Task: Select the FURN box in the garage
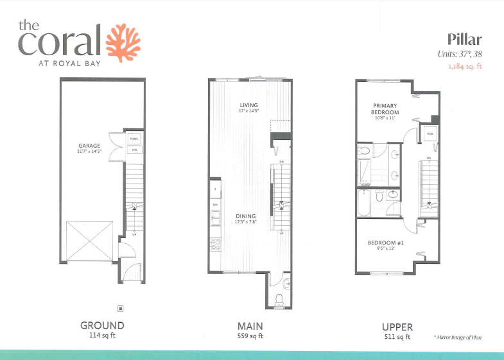(x=135, y=139)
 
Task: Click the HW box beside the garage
(x=135, y=150)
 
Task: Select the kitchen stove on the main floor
(x=214, y=244)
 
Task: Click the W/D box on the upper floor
(x=428, y=133)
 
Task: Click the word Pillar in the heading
(x=465, y=40)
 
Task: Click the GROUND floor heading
(x=102, y=326)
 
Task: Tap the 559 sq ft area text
(x=250, y=336)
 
